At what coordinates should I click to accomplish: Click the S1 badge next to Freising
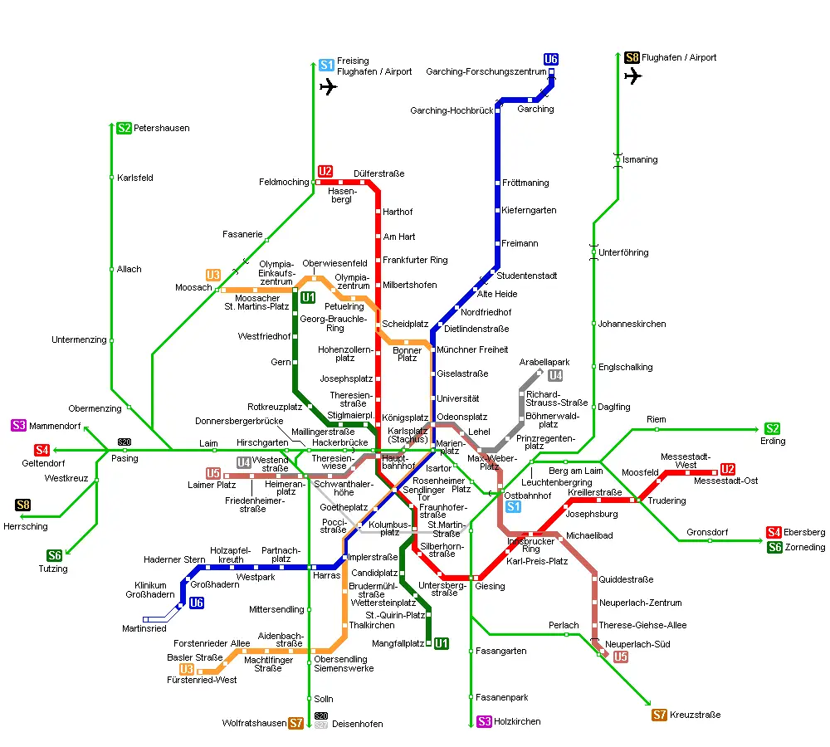click(326, 65)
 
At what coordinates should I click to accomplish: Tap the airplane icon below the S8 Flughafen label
click(633, 76)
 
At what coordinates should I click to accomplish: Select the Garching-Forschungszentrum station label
click(486, 72)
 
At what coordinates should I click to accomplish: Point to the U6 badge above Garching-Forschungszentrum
click(551, 59)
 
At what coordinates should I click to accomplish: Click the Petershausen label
click(162, 129)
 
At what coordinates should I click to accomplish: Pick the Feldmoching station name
click(284, 182)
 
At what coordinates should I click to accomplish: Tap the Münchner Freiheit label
click(472, 349)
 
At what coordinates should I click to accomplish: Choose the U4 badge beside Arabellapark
click(555, 375)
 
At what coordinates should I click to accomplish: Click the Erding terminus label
click(774, 441)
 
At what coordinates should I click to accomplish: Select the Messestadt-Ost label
click(725, 481)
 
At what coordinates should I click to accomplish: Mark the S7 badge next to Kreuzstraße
click(660, 715)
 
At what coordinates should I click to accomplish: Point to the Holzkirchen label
click(517, 721)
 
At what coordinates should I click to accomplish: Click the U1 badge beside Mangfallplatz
click(442, 642)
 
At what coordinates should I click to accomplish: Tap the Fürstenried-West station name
click(202, 680)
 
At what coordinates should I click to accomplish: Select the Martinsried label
click(144, 628)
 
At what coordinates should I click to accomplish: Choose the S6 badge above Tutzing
click(55, 555)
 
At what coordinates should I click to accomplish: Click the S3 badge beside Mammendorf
click(18, 426)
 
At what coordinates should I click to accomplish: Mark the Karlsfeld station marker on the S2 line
click(111, 178)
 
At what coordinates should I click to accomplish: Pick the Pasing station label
click(124, 458)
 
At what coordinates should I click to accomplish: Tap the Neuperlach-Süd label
click(637, 644)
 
